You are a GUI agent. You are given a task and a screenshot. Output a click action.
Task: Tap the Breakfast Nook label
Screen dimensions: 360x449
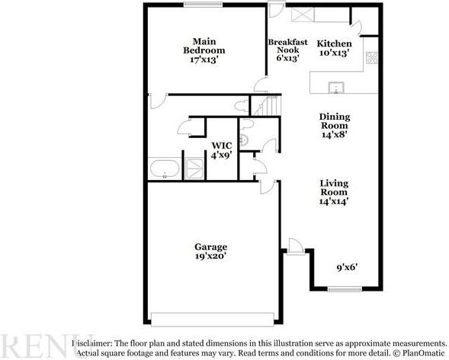pos(287,50)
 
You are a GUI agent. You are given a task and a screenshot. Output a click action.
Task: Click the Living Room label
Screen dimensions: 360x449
pos(334,192)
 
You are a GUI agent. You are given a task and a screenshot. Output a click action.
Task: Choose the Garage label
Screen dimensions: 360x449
pos(210,252)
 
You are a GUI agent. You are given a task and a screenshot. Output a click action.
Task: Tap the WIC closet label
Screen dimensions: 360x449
pos(222,149)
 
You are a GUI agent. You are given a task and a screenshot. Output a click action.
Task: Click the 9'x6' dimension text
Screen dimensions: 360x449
pos(347,268)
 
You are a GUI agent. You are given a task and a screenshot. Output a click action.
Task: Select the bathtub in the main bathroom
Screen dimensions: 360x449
pos(165,169)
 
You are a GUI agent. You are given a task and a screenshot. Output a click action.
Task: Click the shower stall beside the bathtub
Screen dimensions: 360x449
pos(195,169)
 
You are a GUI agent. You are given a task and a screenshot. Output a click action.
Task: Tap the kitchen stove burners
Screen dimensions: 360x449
pos(372,56)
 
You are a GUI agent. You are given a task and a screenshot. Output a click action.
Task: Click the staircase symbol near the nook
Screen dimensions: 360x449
pos(268,106)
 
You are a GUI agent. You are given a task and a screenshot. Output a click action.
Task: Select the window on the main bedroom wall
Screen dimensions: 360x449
pos(197,7)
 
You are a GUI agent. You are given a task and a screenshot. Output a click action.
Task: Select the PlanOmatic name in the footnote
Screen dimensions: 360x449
pos(424,354)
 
